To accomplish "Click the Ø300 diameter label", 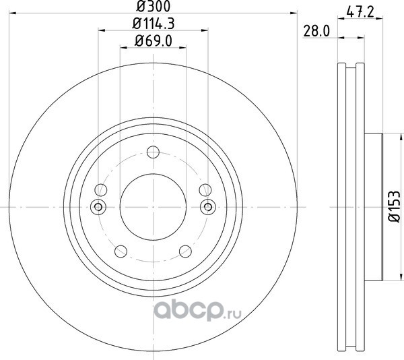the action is coord(153,7).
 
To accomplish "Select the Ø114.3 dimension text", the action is coord(154,24).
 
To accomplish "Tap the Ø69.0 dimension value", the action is coord(154,41).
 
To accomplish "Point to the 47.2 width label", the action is coord(360,12).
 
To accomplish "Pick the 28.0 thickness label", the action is coord(316,31).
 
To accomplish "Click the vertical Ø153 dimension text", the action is coord(394,206).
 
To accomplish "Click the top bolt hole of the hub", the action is coord(153,152).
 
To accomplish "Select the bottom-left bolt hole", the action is coord(121,251).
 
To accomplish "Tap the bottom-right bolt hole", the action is coord(186,251).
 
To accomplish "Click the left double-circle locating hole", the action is coord(98,206).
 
